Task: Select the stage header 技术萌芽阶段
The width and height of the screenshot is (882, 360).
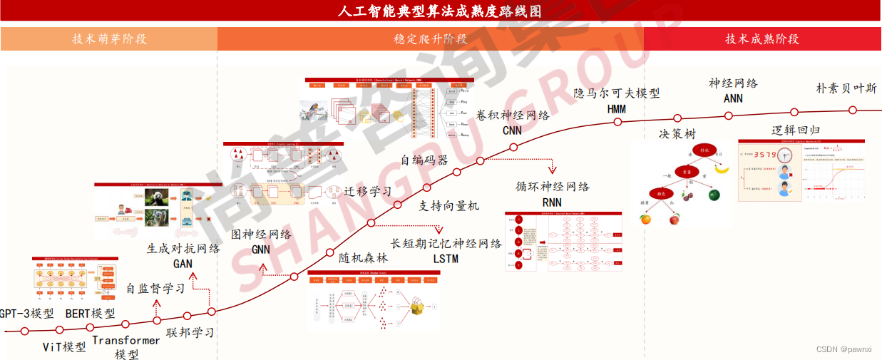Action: point(109,38)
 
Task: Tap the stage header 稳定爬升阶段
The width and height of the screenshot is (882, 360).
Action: point(431,38)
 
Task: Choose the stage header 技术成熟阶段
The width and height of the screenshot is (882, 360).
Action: point(762,38)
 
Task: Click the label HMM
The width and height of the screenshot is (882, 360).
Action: point(617,109)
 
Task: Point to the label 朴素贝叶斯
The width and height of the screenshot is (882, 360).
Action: point(846,89)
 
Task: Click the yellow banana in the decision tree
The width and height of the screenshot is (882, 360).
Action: point(722,168)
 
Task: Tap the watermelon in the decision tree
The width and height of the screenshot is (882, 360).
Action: point(715,194)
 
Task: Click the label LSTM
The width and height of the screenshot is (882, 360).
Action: point(446,259)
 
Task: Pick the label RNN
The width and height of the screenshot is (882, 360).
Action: point(552,202)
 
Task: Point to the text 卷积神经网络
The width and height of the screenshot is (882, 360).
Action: point(513,115)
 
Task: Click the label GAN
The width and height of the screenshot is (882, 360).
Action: point(183,264)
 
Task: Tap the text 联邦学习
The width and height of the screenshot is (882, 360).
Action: point(190,333)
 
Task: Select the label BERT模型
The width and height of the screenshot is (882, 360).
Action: point(90,314)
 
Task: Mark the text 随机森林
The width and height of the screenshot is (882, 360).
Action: point(364,258)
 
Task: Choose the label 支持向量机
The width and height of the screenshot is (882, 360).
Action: point(448,206)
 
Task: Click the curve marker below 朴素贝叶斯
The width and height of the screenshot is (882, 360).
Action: point(852,110)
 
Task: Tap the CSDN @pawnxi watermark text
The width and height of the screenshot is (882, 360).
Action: point(843,349)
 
